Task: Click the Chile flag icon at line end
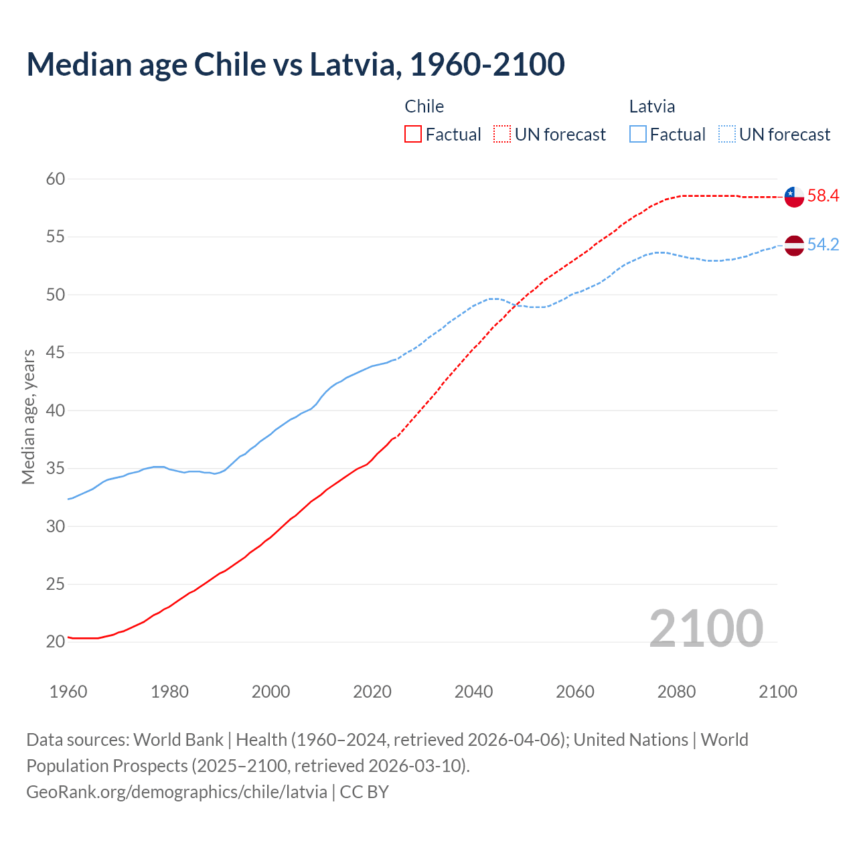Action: pyautogui.click(x=794, y=197)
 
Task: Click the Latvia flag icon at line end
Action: pyautogui.click(x=794, y=246)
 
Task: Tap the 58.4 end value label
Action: pyautogui.click(x=823, y=196)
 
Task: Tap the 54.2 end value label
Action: pyautogui.click(x=823, y=245)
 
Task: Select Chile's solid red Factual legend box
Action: pyautogui.click(x=413, y=135)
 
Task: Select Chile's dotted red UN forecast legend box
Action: pyautogui.click(x=502, y=135)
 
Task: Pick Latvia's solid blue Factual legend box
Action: pyautogui.click(x=638, y=135)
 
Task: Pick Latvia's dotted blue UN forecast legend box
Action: pyautogui.click(x=727, y=135)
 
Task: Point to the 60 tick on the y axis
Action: pyautogui.click(x=56, y=179)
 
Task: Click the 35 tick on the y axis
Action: pyautogui.click(x=56, y=468)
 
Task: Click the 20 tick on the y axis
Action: pyautogui.click(x=56, y=641)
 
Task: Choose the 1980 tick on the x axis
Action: pyautogui.click(x=169, y=692)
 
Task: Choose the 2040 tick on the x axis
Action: pyautogui.click(x=473, y=692)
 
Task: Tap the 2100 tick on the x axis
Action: pyautogui.click(x=777, y=692)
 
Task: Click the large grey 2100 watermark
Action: pyautogui.click(x=706, y=628)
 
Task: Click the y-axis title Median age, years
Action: pyautogui.click(x=28, y=416)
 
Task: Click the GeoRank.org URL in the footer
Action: pyautogui.click(x=177, y=792)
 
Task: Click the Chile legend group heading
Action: pyautogui.click(x=424, y=106)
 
